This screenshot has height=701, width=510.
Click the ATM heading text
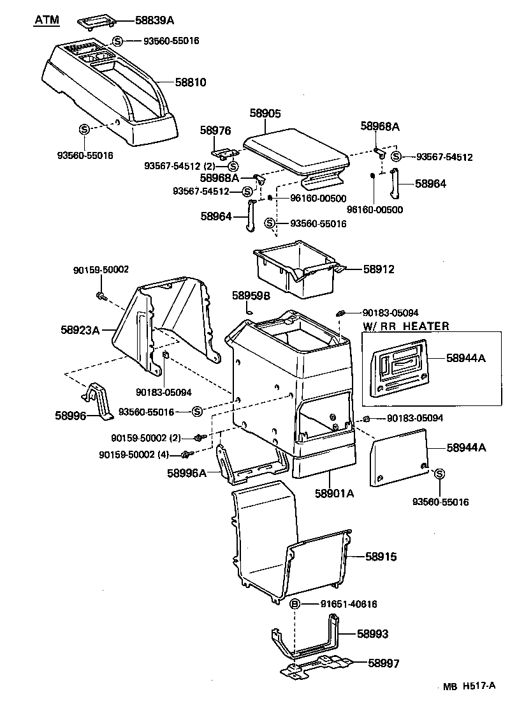(46, 20)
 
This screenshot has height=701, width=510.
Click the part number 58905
(265, 113)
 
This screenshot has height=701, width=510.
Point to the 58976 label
(215, 130)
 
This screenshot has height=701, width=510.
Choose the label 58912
(379, 269)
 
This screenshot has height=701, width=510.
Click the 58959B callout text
(251, 296)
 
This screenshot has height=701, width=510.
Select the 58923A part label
(80, 330)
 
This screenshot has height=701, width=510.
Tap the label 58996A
(187, 473)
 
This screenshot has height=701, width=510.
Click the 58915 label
(381, 557)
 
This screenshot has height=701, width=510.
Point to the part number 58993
(373, 634)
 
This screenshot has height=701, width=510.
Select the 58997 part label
(384, 663)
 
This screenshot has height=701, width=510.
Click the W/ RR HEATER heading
(406, 326)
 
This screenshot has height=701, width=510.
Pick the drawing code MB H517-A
(470, 686)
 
